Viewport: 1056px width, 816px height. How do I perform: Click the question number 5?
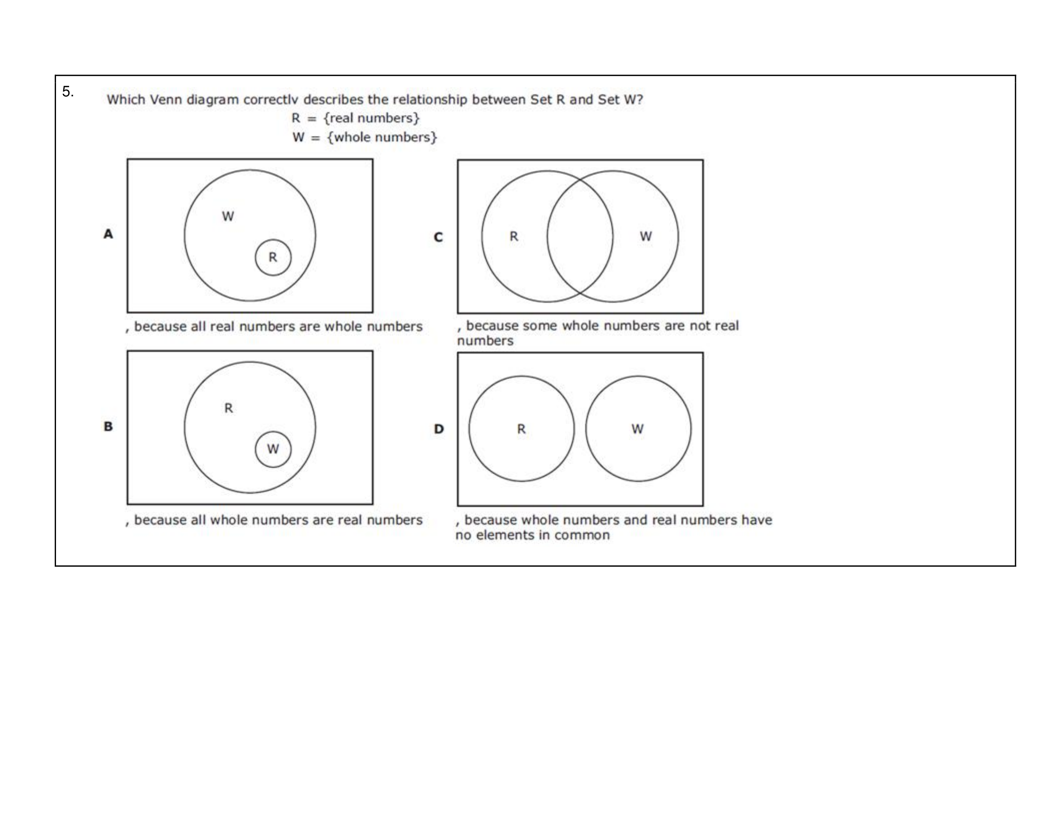click(68, 92)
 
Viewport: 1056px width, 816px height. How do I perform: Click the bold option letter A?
click(108, 234)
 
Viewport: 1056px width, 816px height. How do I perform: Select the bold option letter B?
click(108, 426)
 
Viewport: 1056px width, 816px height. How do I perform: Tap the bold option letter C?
click(438, 237)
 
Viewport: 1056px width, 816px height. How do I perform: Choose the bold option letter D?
click(438, 429)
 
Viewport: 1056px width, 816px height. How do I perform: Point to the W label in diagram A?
click(228, 216)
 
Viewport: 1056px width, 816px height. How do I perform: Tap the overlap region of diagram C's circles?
click(580, 236)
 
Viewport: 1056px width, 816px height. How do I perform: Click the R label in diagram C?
click(514, 236)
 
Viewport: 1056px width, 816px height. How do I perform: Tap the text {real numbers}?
click(371, 118)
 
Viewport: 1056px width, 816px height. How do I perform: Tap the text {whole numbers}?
click(382, 137)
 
